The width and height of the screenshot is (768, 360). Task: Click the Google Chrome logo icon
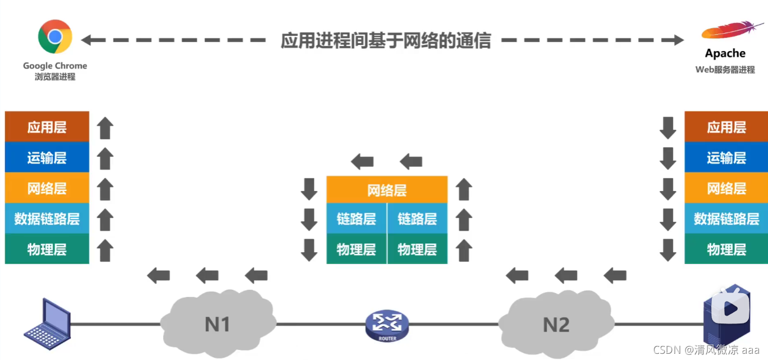coord(55,37)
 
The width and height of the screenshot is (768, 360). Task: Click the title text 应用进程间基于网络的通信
coord(386,40)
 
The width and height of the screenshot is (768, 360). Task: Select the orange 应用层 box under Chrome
coord(47,127)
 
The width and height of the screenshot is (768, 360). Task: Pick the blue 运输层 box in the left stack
coord(47,158)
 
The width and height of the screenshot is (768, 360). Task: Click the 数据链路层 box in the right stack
coord(726,218)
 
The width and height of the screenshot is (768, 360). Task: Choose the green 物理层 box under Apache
coord(726,249)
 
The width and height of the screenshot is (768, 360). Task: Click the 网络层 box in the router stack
coord(387,190)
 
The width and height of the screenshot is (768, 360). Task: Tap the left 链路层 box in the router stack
coord(356,218)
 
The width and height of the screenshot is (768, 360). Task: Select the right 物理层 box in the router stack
coord(417,249)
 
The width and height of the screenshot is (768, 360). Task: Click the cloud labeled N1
coord(217,324)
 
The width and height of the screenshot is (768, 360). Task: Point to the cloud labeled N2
coord(556,324)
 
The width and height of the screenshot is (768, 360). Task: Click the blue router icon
coord(387,325)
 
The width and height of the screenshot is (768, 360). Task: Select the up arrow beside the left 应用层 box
coord(106,128)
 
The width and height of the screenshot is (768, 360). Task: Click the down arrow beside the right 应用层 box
coord(668,128)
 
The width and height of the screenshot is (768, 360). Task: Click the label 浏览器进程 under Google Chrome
coord(55,77)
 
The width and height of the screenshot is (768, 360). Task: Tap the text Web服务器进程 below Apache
coord(725,70)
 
